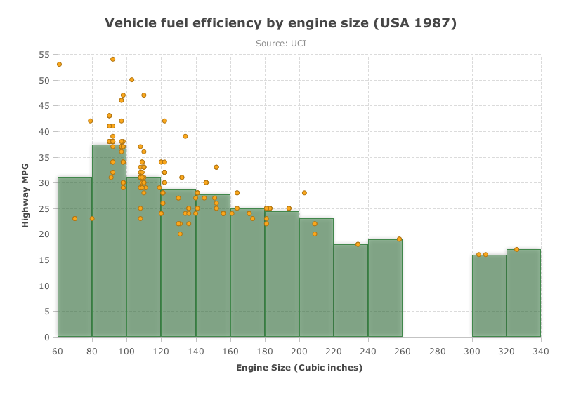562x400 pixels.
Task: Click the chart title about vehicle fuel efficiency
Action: [x=280, y=23]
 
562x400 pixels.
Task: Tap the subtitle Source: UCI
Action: [x=280, y=44]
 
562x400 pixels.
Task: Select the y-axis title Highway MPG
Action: [x=25, y=196]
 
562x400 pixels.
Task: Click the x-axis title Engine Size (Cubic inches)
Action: [x=299, y=368]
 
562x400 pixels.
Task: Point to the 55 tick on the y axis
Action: [x=44, y=55]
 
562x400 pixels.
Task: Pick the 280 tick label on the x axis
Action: [x=437, y=352]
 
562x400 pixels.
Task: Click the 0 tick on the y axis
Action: [x=47, y=338]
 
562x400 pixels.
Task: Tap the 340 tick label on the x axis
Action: [x=541, y=352]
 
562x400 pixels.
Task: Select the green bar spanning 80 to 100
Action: [x=110, y=241]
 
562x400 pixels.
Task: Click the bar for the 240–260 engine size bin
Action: [x=385, y=288]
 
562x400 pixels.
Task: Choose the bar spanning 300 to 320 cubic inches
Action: [x=489, y=296]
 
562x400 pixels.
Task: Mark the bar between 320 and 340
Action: [x=523, y=293]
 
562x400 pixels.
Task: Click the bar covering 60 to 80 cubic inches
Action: [x=75, y=257]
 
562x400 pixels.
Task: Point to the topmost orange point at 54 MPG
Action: [x=112, y=60]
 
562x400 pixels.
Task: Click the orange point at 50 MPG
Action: [x=131, y=80]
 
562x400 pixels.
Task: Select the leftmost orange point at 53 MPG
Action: [x=59, y=65]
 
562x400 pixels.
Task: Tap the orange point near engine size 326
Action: [x=516, y=250]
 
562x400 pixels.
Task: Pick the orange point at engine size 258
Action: [x=399, y=239]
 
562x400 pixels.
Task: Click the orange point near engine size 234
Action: [x=358, y=245]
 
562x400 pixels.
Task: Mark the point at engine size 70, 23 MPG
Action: [x=74, y=219]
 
